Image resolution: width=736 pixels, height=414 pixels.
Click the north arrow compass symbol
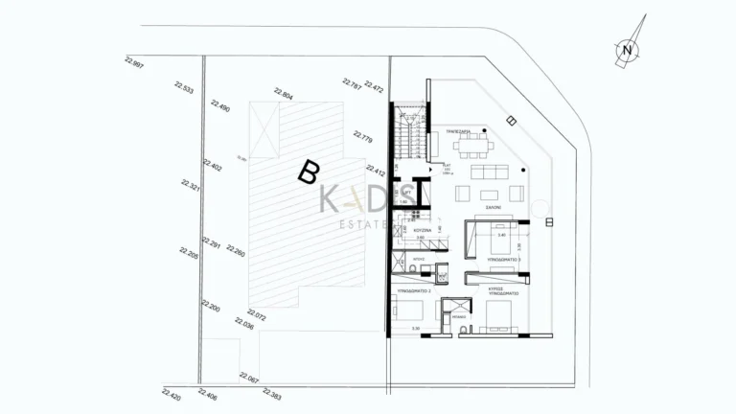point(627,50)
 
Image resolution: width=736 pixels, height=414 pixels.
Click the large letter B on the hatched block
point(308,172)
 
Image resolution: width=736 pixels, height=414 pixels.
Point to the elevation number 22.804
point(283,94)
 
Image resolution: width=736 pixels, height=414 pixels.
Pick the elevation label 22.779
point(363,135)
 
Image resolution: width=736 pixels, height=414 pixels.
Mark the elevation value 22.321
point(189,186)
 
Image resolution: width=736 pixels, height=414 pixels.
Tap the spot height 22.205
point(188,253)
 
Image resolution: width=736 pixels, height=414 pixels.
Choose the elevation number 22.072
point(256,313)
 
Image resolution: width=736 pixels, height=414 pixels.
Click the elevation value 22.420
point(172,394)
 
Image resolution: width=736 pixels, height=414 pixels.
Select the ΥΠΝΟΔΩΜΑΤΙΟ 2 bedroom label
point(414,289)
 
